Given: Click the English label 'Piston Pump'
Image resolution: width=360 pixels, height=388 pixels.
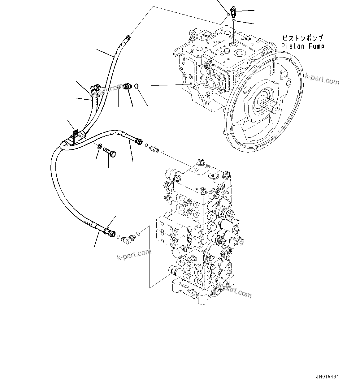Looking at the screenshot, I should pos(302,46).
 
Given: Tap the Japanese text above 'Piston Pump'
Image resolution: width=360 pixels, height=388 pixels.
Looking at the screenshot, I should pos(302,38).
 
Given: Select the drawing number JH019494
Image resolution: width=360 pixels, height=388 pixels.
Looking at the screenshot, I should pos(327,377).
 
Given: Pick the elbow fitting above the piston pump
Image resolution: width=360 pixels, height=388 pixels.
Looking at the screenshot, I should pos(233,12).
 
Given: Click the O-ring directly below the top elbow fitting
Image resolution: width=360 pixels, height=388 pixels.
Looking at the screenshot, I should pos(233,20).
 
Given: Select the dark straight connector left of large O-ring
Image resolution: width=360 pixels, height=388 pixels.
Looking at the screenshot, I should pos(126,87).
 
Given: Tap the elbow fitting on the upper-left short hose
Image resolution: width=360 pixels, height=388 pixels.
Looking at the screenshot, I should pos(95,88).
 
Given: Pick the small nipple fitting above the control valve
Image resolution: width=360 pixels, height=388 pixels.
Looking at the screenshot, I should pos(154,149).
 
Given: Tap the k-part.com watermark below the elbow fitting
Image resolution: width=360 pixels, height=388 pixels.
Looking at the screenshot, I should pos(134,255).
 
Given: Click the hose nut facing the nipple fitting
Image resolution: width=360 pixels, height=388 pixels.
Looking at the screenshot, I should pos(139,142).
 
